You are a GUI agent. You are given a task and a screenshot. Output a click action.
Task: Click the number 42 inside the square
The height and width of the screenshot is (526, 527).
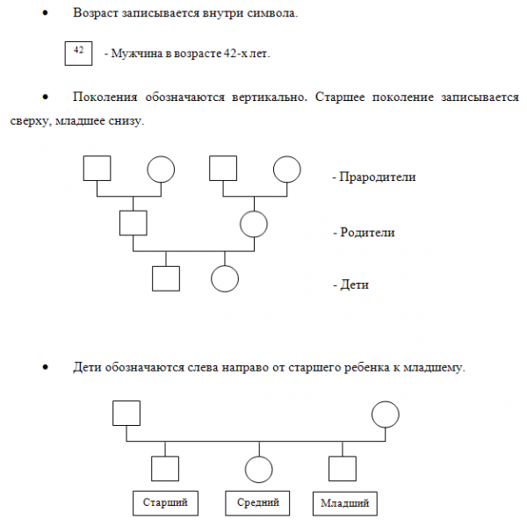(78, 50)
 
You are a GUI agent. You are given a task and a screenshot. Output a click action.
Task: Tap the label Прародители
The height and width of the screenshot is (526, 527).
(378, 177)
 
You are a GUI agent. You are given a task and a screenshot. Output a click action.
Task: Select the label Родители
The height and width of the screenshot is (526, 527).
(367, 232)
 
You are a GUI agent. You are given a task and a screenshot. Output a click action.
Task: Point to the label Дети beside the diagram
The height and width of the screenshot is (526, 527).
(355, 285)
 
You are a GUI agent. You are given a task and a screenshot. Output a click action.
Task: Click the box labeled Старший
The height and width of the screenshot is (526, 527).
(165, 503)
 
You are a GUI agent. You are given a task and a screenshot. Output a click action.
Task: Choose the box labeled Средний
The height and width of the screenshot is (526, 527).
(257, 503)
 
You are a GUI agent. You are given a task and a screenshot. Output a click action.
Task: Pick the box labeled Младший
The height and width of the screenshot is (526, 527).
(345, 503)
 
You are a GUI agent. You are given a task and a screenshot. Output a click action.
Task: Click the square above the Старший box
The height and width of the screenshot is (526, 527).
(165, 469)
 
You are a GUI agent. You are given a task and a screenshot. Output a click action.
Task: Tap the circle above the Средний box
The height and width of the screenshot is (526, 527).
(259, 469)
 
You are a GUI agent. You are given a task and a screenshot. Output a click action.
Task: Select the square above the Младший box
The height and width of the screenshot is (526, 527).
(343, 469)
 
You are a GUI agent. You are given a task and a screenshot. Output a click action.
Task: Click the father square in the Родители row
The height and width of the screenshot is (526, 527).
(134, 223)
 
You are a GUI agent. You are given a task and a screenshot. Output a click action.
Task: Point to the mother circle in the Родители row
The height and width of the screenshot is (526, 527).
(254, 224)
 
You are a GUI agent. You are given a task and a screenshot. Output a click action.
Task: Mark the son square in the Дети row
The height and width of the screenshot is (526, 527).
(166, 278)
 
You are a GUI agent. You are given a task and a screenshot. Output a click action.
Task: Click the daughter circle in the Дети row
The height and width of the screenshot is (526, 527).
(225, 279)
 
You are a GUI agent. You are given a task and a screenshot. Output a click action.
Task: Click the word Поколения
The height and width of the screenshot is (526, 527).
(105, 97)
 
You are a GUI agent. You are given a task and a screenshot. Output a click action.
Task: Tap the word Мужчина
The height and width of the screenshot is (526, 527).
(137, 54)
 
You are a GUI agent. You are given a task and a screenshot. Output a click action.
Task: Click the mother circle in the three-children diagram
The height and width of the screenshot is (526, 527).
(386, 414)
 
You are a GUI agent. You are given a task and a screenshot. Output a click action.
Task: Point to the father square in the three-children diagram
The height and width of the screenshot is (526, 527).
(126, 413)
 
